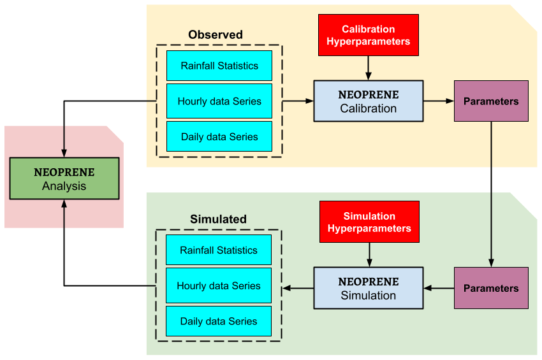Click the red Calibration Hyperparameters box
pyautogui.click(x=369, y=35)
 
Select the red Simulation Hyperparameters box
pyautogui.click(x=369, y=222)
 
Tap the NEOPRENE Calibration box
pyautogui.click(x=368, y=101)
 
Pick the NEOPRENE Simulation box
pyautogui.click(x=368, y=288)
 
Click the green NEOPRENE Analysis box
pyautogui.click(x=64, y=178)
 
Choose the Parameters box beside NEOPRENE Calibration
pyautogui.click(x=491, y=101)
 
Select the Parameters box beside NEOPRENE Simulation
pyautogui.click(x=491, y=288)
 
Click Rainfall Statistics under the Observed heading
pyautogui.click(x=219, y=66)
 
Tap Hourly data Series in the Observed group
pyautogui.click(x=219, y=101)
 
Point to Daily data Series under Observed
pyautogui.click(x=219, y=136)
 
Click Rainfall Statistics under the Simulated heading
pyautogui.click(x=219, y=250)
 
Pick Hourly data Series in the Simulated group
pyautogui.click(x=219, y=285)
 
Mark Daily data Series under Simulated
pyautogui.click(x=219, y=321)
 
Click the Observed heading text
pyautogui.click(x=215, y=34)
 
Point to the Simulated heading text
pyautogui.click(x=218, y=219)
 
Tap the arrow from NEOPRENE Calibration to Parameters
pyautogui.click(x=439, y=101)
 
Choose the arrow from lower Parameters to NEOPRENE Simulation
pyautogui.click(x=439, y=288)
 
